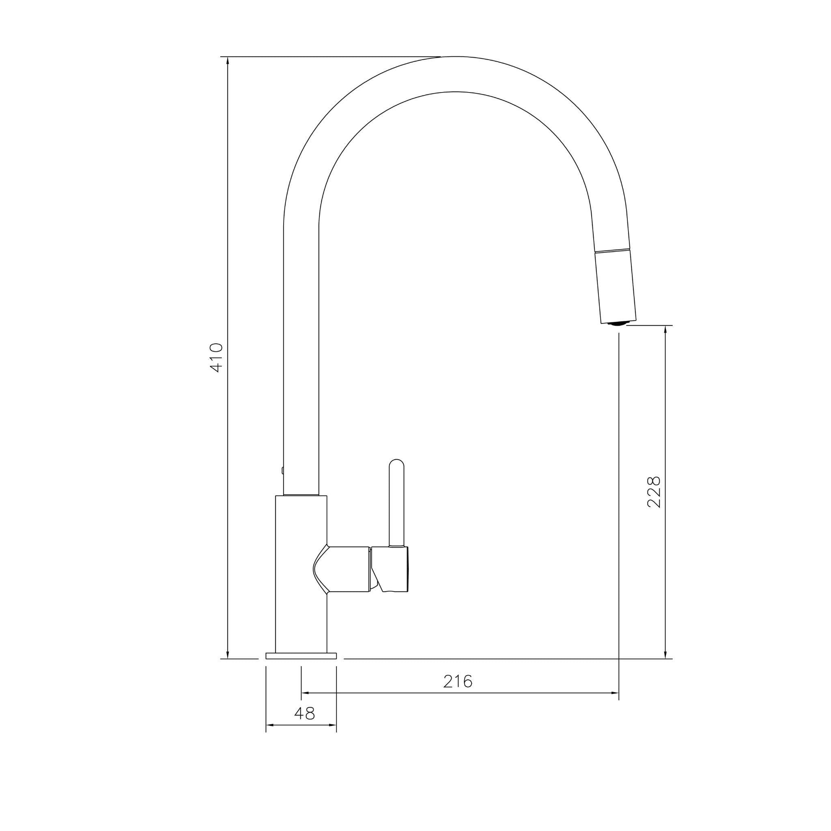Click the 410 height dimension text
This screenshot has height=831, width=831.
coord(216,357)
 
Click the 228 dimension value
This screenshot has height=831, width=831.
coord(654,492)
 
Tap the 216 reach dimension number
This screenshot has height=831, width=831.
coord(458,681)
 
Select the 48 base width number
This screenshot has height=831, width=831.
coord(305,714)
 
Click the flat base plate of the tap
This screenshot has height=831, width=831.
coord(301,667)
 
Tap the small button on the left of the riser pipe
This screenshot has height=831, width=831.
coord(282,471)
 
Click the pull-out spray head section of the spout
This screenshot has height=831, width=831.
coord(615,286)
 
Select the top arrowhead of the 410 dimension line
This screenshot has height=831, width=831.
coord(228,60)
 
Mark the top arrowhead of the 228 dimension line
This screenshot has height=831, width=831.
coord(666,329)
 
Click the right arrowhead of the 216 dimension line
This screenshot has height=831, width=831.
coord(615,693)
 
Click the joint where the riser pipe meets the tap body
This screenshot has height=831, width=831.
coord(301,495)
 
